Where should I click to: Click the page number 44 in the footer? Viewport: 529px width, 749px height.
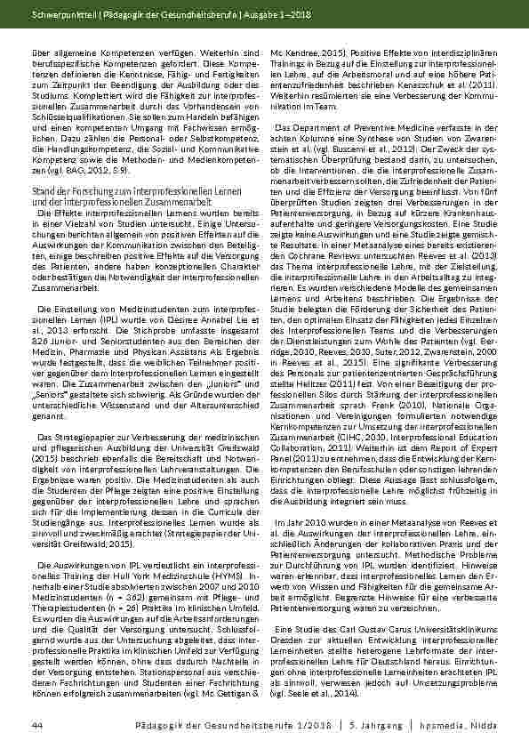(36, 727)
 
